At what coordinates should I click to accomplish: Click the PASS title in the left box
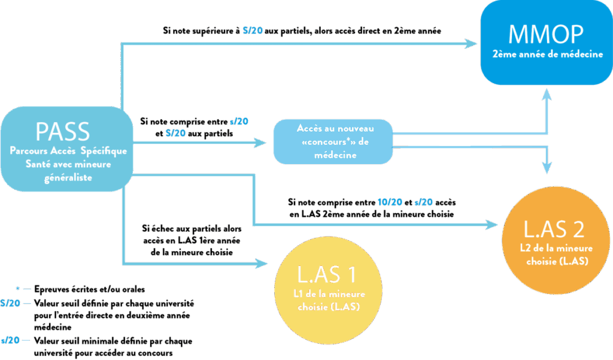coord(62,131)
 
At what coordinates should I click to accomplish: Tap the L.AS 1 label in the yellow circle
coord(327,274)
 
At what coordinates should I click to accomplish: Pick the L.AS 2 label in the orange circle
coord(554,229)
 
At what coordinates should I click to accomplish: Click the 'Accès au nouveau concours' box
coord(334,141)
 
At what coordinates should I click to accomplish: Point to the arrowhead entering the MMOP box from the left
coord(472,43)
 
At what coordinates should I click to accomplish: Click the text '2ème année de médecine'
coord(547,55)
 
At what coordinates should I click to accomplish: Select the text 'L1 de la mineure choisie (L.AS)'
coord(329,300)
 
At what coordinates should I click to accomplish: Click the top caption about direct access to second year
coord(302,30)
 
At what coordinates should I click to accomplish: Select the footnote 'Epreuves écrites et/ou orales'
coord(90,289)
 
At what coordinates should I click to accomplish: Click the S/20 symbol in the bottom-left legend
coord(10,303)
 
